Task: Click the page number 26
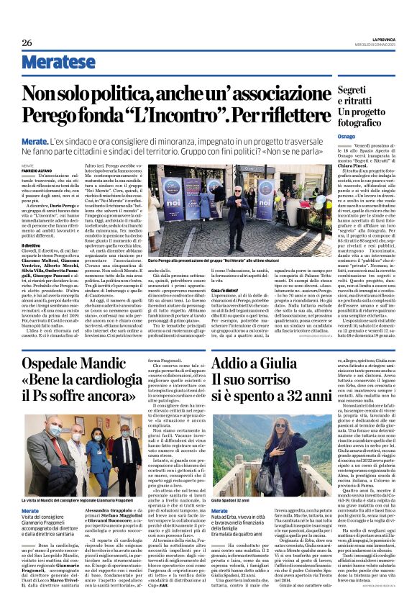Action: point(27,43)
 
